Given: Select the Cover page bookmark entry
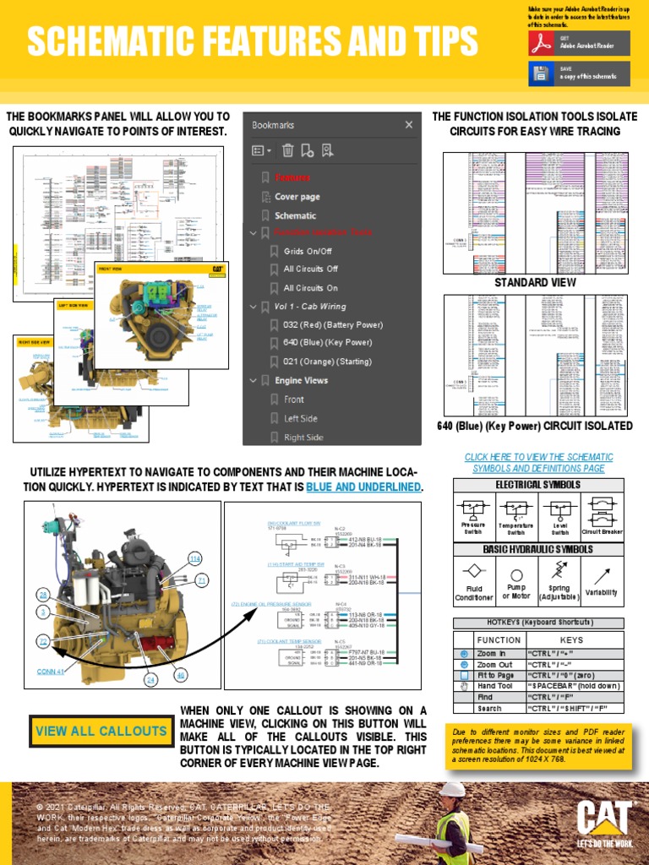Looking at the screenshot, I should [x=297, y=197].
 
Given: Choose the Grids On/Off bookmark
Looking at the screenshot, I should [x=308, y=251].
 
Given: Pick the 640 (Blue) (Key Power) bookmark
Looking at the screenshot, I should [x=327, y=343].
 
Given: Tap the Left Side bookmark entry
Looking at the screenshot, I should [x=301, y=418].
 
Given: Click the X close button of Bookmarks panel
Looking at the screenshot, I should [x=409, y=125].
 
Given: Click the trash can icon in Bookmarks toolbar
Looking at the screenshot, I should [x=288, y=150].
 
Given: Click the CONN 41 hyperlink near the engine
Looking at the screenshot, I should [x=51, y=672].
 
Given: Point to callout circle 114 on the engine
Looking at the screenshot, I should [x=195, y=558].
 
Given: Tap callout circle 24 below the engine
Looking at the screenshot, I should [x=151, y=679].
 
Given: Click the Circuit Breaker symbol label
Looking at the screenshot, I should [x=602, y=532].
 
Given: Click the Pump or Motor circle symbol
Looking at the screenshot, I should [x=516, y=574].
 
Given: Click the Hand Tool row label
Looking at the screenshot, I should [x=494, y=686].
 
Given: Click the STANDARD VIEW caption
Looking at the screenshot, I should [x=535, y=282].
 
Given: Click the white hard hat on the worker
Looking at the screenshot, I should [x=454, y=789].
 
